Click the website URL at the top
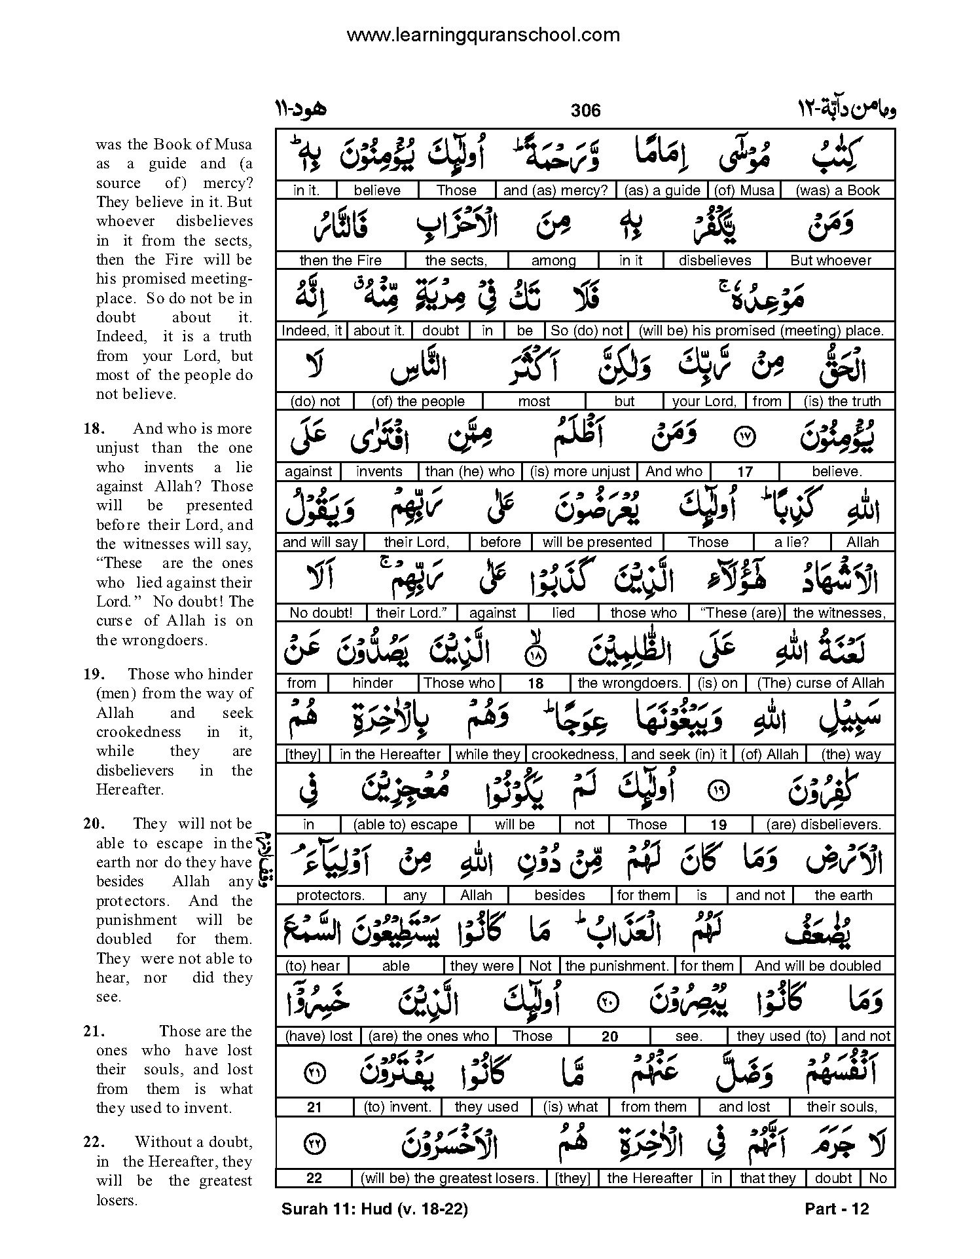[x=482, y=35]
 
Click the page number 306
[x=585, y=110]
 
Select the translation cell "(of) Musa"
[x=744, y=191]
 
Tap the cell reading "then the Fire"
[x=340, y=261]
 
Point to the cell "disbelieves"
[x=715, y=261]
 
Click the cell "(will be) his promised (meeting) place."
[x=761, y=331]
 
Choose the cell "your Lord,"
[x=704, y=402]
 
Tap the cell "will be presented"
[x=597, y=542]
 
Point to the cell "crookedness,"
[x=574, y=755]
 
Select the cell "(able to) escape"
[x=405, y=825]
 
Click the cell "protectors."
[x=331, y=895]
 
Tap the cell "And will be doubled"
[x=818, y=966]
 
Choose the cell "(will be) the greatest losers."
[x=450, y=1178]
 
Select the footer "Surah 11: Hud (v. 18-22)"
[x=374, y=1209]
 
